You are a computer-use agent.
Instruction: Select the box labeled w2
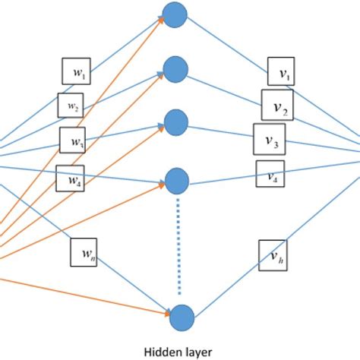pos(71,106)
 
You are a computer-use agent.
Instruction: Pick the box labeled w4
pos(70,178)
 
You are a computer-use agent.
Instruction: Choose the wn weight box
pos(85,253)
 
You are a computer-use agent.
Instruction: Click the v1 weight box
pos(281,72)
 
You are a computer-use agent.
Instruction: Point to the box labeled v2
pos(277,105)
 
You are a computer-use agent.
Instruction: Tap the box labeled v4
pos(270,175)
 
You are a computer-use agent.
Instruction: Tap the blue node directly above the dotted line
pos(177,181)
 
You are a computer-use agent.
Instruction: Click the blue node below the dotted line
pos(181,314)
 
